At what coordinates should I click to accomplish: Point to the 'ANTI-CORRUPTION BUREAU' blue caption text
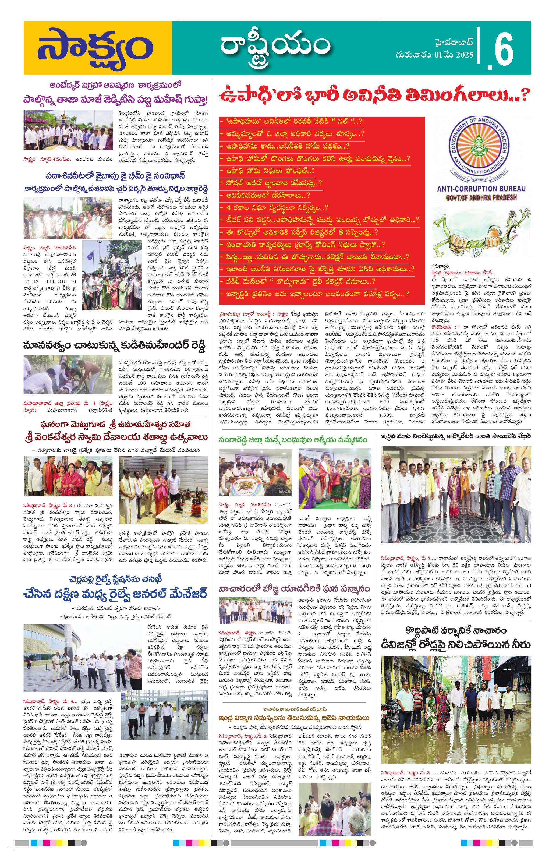pos(481,188)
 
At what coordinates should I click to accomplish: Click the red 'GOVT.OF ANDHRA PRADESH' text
pos(481,197)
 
